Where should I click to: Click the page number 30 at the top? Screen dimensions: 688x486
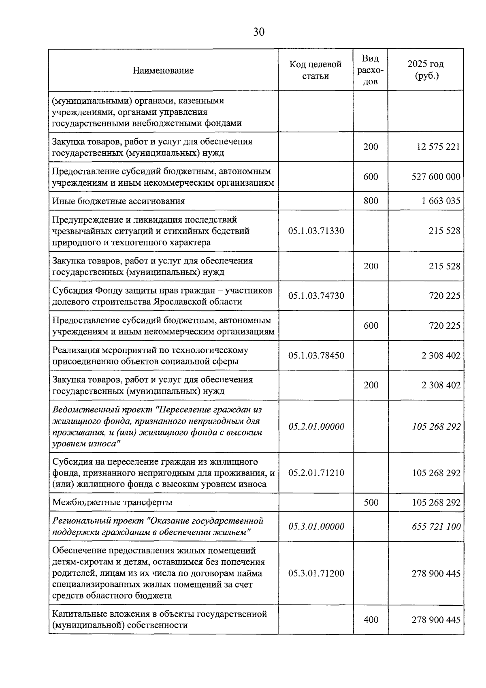point(258,32)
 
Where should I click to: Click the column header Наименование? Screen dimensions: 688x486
point(163,71)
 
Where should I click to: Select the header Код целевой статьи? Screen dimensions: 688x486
point(315,70)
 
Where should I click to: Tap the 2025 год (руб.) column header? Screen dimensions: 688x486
point(425,70)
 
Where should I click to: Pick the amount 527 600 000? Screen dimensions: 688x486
point(436,177)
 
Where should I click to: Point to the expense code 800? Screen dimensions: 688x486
point(371,201)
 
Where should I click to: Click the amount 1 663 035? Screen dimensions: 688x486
point(441,201)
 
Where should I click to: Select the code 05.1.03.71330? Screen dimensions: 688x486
point(316,231)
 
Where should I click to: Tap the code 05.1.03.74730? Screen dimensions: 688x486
point(316,296)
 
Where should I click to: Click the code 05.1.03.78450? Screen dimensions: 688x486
point(316,356)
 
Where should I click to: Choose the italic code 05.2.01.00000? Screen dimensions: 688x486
point(316,427)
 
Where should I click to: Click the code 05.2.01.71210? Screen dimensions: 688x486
point(316,473)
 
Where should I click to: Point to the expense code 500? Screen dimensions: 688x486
point(371,502)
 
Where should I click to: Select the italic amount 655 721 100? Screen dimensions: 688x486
point(436,527)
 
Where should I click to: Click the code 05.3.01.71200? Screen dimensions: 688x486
point(316,573)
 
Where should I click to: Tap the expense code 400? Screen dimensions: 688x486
point(371,619)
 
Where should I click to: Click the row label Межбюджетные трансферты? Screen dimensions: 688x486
point(112,502)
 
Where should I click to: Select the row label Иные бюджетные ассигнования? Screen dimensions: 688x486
point(118,201)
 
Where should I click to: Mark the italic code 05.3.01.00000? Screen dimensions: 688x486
point(316,527)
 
